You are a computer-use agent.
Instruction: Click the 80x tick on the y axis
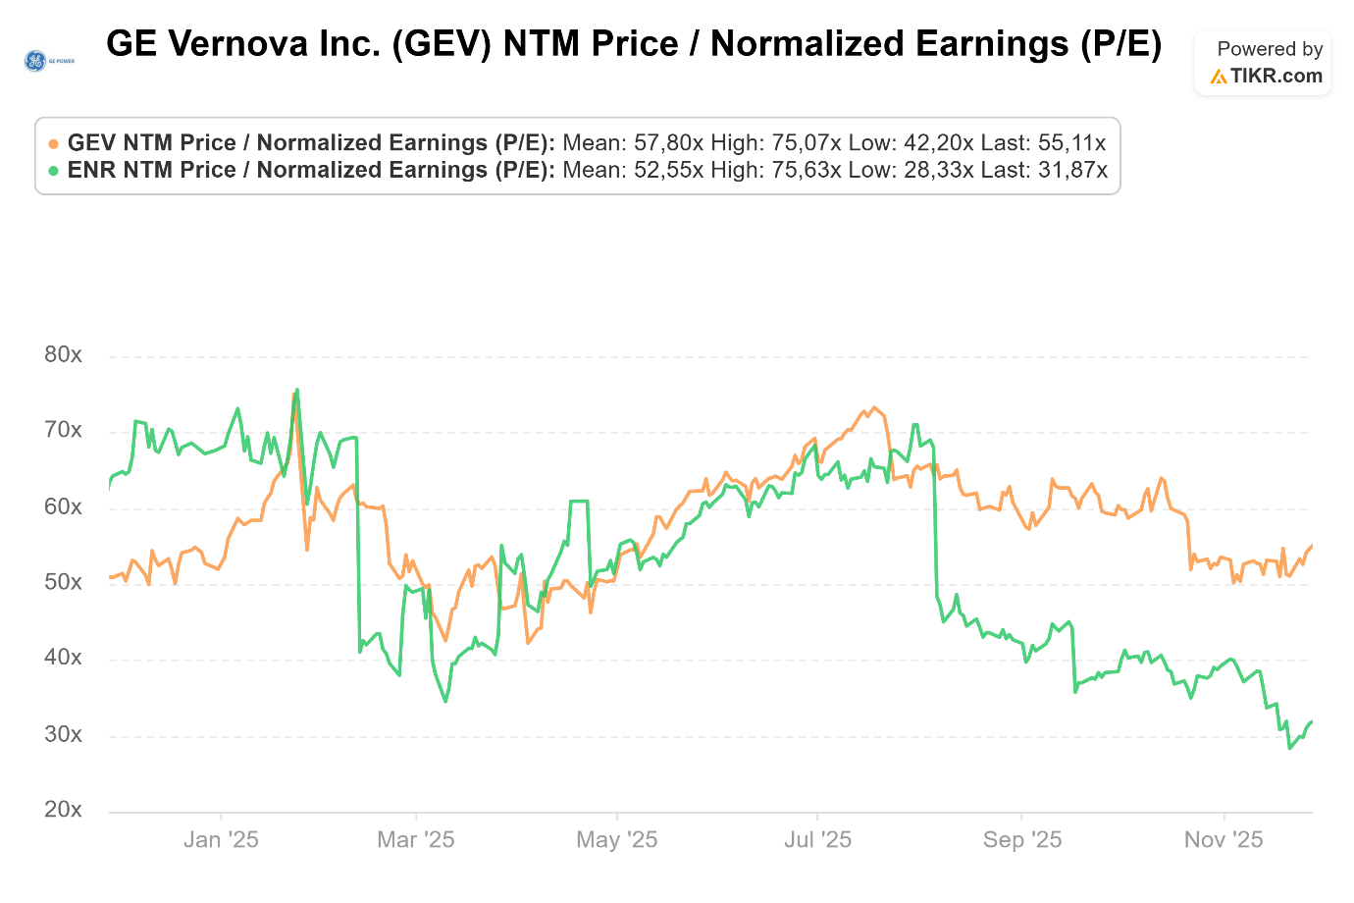pos(63,354)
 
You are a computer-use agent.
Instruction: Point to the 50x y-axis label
pos(63,582)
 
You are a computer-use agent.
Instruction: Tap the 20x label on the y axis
pos(63,810)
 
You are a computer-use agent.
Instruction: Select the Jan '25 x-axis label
pos(221,840)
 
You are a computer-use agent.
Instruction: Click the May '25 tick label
pos(616,840)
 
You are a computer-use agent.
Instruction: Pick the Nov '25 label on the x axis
pos(1224,840)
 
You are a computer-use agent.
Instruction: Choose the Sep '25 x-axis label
pos(1021,840)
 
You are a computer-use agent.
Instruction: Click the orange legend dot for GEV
pos(53,143)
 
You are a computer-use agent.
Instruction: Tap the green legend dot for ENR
pos(53,171)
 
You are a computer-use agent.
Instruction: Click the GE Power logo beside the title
pos(48,61)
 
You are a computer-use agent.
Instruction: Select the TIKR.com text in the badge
pos(1276,76)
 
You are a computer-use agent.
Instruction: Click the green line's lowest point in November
pos(1290,748)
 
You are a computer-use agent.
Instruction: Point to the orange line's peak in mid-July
pos(873,407)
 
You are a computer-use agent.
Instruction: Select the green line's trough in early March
pos(445,701)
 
